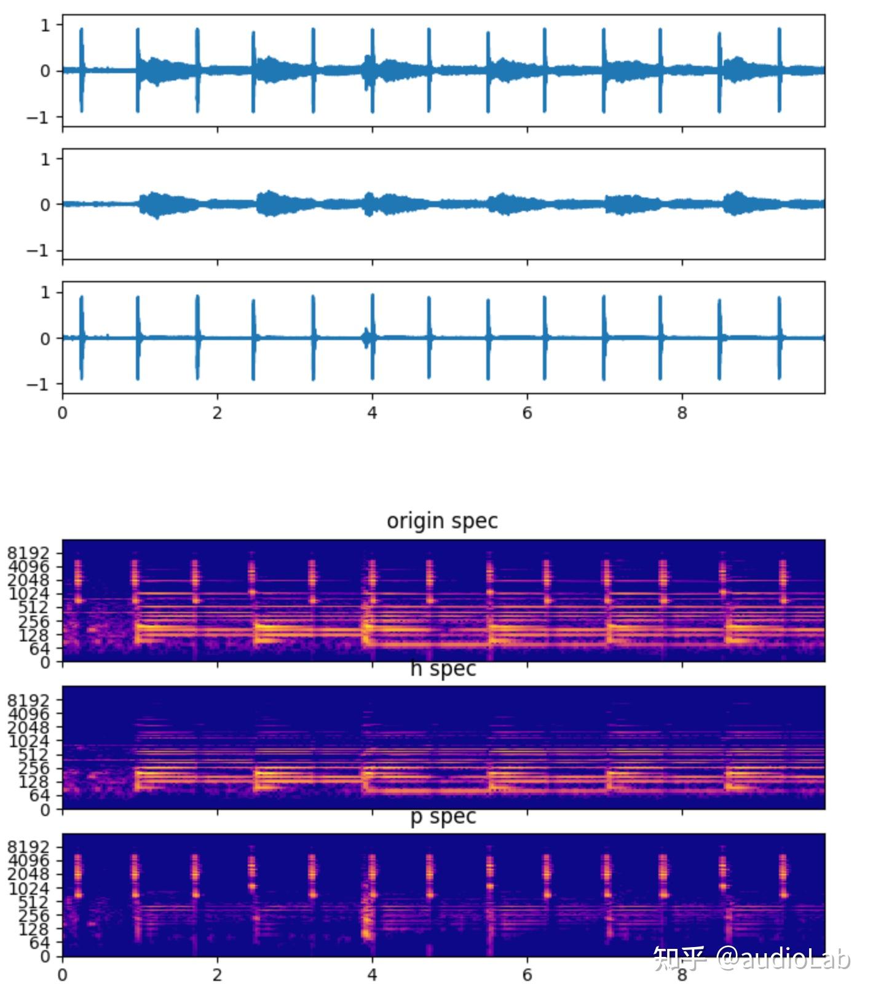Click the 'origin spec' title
(441, 521)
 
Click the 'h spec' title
(443, 668)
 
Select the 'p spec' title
(443, 816)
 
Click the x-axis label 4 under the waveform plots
(372, 413)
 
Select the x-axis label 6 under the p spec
(527, 975)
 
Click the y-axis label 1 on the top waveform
(45, 25)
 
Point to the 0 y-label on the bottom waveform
(45, 338)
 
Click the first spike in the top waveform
(81, 70)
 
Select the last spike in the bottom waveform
(779, 338)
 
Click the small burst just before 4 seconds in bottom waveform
(368, 338)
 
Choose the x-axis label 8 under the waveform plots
(682, 413)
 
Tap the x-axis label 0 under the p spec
(62, 975)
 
